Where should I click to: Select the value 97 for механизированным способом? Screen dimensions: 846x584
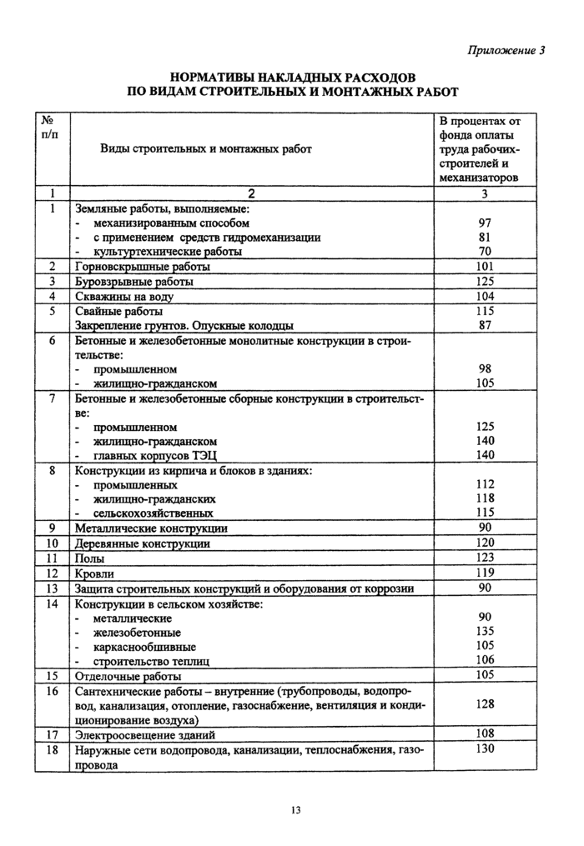(485, 223)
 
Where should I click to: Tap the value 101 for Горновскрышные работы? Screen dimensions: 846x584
(485, 267)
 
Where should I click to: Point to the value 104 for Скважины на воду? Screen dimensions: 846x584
(485, 296)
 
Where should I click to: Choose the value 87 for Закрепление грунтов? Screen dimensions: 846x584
(485, 325)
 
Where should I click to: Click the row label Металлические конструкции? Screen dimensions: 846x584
(151, 528)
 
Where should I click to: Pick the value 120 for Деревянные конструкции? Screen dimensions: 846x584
(485, 543)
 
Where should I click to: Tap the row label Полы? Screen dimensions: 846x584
(90, 558)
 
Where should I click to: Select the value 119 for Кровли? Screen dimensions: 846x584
(485, 573)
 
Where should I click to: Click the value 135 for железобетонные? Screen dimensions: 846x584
(485, 631)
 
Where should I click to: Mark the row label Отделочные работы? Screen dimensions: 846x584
(128, 676)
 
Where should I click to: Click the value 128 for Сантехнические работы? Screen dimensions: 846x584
(485, 704)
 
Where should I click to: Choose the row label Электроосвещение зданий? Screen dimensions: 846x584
(145, 735)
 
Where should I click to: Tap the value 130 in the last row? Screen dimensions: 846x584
(485, 749)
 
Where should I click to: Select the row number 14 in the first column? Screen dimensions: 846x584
(52, 603)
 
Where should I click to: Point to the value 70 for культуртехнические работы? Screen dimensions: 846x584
(485, 251)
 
